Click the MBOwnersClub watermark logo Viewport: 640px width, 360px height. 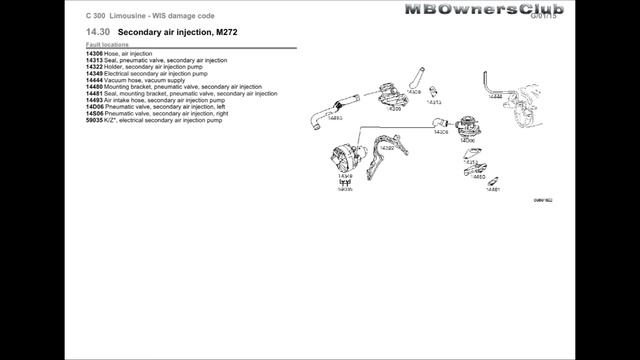point(484,9)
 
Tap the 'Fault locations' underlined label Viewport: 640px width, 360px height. point(108,46)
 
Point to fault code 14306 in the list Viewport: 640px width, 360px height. point(95,54)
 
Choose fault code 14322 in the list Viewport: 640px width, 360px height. point(95,67)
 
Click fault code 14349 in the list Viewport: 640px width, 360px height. point(95,74)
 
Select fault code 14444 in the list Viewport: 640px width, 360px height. point(95,80)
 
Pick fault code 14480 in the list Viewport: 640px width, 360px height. point(95,87)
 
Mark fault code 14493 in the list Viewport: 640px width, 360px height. point(95,100)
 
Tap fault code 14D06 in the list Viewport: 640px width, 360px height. point(95,107)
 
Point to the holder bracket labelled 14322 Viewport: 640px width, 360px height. point(382,162)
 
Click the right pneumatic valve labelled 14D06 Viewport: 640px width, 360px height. point(466,129)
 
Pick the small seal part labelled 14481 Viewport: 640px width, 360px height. point(492,183)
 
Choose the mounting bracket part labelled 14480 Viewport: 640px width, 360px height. point(476,169)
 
